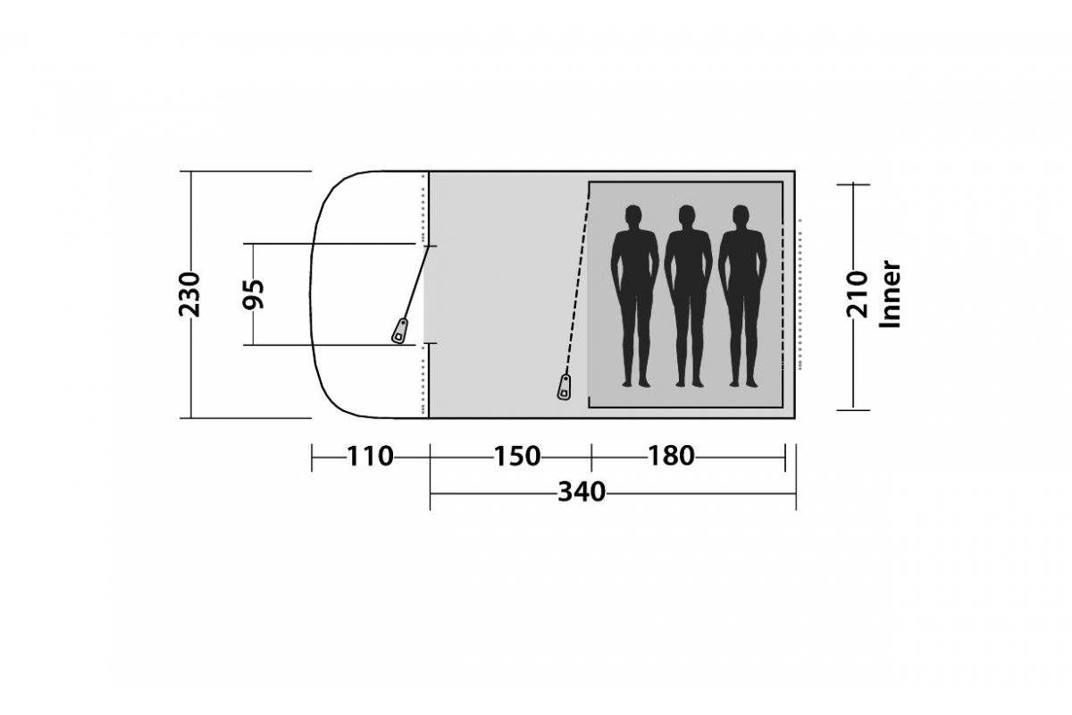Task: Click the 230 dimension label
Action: (189, 294)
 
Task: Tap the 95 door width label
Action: (253, 294)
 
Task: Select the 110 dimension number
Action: (370, 456)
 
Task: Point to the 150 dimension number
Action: (517, 456)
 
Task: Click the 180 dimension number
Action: (671, 456)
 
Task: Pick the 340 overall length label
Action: (582, 492)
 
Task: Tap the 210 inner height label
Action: (857, 294)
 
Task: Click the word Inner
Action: (890, 294)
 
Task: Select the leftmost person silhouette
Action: (634, 296)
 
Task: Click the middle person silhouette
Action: (688, 296)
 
